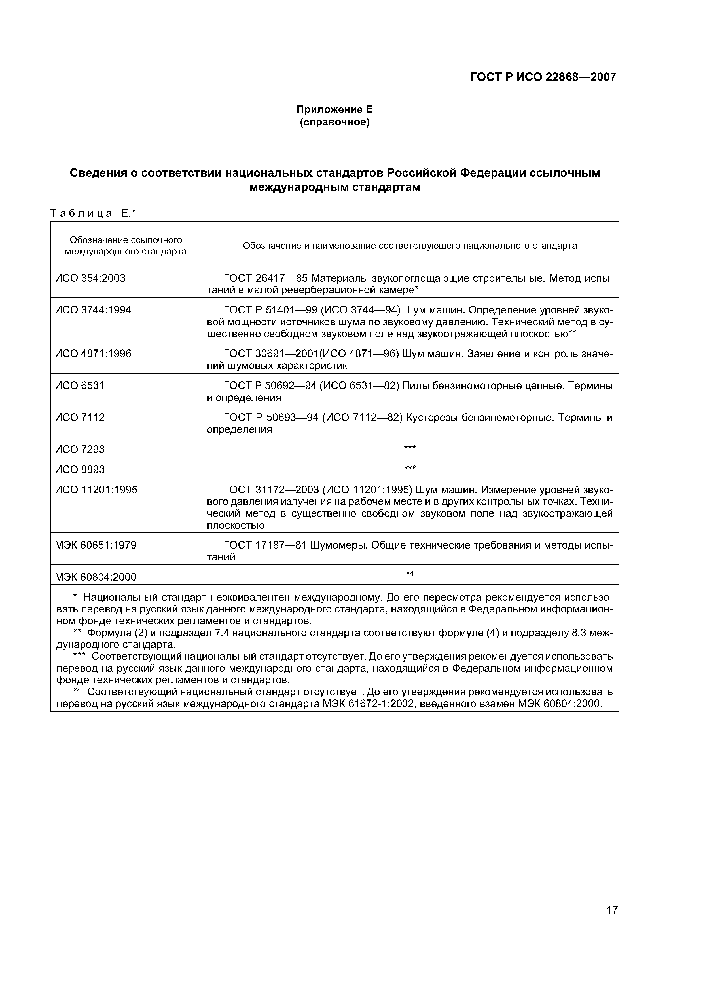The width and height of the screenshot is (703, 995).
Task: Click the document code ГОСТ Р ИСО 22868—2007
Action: point(543,77)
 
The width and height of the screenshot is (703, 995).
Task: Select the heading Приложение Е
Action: point(334,110)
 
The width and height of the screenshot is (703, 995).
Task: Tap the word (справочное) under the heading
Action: point(334,123)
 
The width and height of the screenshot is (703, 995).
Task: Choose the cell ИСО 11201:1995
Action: point(96,490)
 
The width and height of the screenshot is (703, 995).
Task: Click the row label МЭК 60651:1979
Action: point(95,545)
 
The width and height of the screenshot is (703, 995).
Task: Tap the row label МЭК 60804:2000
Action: point(95,577)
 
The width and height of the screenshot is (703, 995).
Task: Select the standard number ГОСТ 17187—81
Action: point(266,545)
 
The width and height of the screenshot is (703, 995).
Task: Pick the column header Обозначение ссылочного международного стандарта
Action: point(126,246)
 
